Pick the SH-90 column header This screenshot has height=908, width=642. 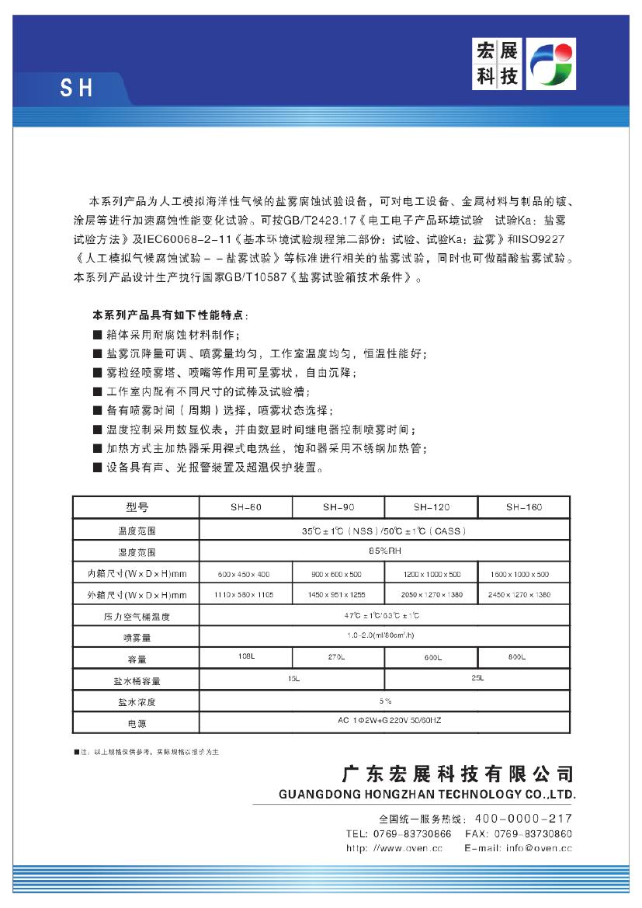(338, 507)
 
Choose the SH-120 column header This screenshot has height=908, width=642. (431, 507)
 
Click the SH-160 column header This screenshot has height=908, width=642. (524, 507)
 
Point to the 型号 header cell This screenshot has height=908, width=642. (136, 507)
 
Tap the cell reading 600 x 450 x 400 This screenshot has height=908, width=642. (245, 574)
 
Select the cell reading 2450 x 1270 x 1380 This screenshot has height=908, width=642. (522, 595)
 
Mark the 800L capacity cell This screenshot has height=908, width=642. (517, 657)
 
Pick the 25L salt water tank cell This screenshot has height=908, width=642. (477, 679)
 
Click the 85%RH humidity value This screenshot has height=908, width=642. (384, 551)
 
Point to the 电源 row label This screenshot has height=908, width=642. (136, 723)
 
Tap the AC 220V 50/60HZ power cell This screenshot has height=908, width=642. (384, 721)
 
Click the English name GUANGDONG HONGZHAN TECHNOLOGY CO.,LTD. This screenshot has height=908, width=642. (426, 795)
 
